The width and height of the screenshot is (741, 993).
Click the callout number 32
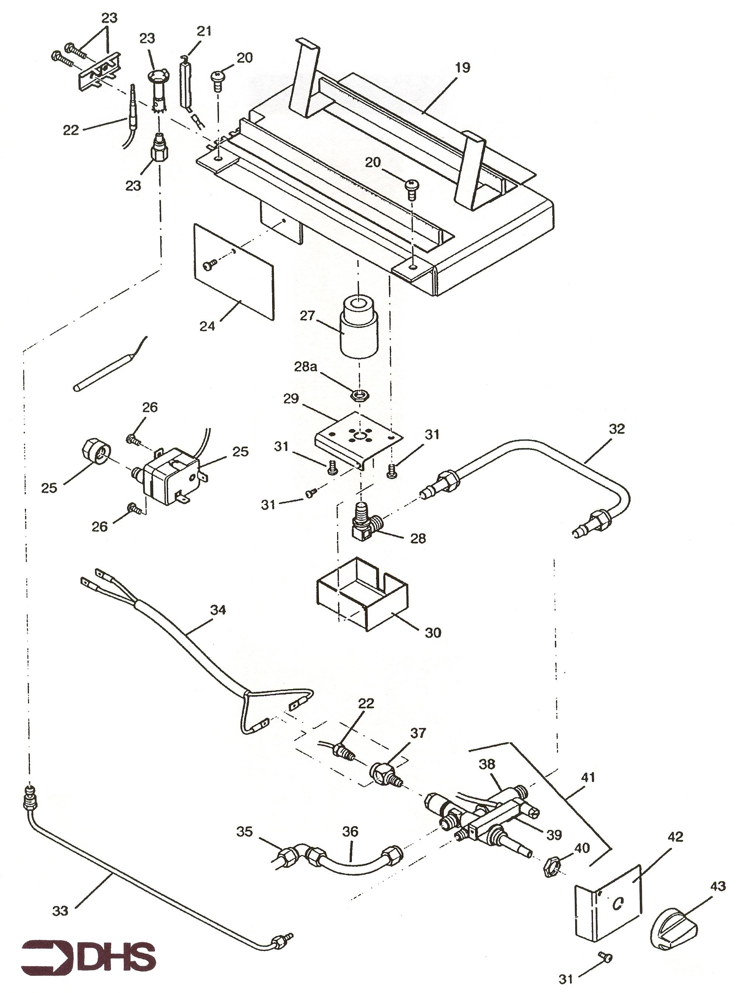tap(616, 429)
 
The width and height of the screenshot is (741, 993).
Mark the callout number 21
tap(204, 31)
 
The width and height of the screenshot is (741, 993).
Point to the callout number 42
tap(675, 836)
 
